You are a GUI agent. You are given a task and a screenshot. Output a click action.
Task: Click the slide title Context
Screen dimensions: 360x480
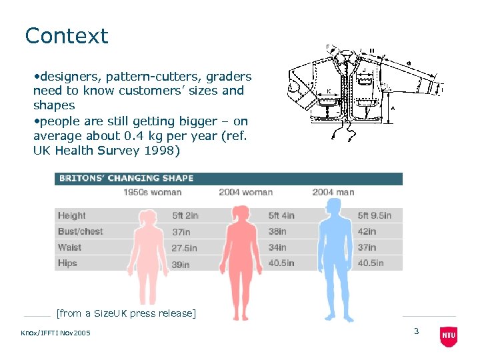[x=66, y=36]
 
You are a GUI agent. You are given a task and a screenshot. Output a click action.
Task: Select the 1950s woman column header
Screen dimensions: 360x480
[x=152, y=193]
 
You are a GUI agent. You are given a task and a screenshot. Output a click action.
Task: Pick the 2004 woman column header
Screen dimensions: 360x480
[x=245, y=193]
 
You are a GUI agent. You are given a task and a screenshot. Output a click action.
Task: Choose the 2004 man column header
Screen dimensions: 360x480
[x=333, y=193]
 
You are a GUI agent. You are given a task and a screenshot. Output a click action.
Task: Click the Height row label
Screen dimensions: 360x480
[x=71, y=215]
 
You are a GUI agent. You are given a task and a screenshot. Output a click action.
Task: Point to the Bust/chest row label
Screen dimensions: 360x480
[x=80, y=231]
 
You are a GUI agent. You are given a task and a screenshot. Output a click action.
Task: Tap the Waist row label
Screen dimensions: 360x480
[x=69, y=247]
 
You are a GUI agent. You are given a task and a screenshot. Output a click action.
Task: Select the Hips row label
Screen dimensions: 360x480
[x=67, y=263]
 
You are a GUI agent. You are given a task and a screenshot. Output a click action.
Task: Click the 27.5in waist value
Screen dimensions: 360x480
[x=185, y=248]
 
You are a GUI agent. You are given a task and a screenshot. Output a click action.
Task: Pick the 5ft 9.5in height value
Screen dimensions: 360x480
[x=374, y=215]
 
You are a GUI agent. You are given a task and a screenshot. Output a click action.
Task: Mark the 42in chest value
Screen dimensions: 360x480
[x=367, y=231]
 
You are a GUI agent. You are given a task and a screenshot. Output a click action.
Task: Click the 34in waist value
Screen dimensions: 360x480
[x=277, y=248]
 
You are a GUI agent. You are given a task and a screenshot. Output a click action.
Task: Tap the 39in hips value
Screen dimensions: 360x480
[x=181, y=264]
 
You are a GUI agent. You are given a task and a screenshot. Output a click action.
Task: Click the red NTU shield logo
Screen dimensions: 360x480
[x=449, y=337]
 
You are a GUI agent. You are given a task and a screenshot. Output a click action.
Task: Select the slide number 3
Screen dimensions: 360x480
[x=416, y=331]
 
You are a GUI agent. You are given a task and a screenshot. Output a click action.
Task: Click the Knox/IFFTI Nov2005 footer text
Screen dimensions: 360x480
[x=55, y=333]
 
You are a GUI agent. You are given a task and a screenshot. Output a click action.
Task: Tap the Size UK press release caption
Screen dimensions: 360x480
[x=127, y=313]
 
